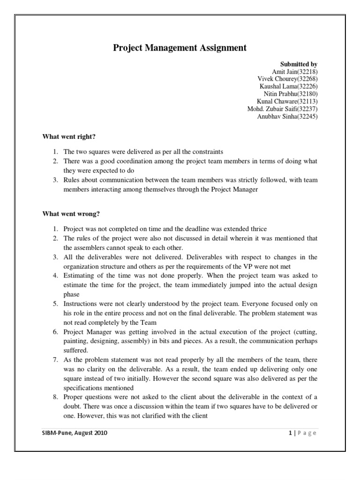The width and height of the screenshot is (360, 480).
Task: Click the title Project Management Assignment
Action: [x=180, y=48]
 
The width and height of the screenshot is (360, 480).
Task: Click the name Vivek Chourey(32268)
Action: [x=287, y=79]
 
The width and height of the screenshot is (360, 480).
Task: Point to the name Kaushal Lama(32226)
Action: [x=288, y=87]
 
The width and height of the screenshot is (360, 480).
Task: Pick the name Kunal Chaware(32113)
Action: [x=287, y=102]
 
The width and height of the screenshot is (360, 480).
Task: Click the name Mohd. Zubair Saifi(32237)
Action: [x=282, y=109]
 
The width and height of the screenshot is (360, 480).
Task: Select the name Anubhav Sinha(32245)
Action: [x=287, y=117]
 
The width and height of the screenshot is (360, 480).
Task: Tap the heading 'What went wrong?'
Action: [x=71, y=214]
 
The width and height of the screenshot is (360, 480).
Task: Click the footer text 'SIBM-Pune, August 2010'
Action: [x=75, y=433]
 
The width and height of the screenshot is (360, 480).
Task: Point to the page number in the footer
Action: [x=291, y=433]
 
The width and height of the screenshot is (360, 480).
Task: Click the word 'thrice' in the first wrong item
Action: [x=258, y=229]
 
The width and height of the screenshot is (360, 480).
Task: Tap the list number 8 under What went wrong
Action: [x=54, y=397]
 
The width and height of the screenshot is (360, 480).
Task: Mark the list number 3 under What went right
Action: [x=54, y=180]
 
